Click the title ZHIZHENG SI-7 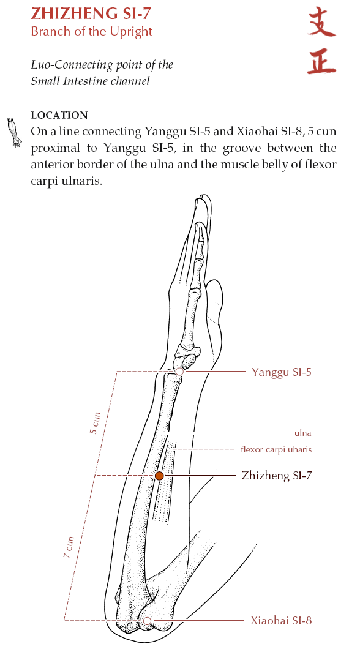pos(91,13)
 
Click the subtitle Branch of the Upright pos(91,32)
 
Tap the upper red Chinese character pos(321,22)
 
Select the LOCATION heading pos(59,115)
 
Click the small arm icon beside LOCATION pos(15,132)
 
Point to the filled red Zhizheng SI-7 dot pos(159,476)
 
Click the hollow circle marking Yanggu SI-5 pos(179,372)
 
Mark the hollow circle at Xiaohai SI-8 pos(147,621)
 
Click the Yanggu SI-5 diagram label pos(282,372)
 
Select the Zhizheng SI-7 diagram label pos(277,475)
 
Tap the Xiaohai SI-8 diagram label pos(281,621)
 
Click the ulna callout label pos(302,433)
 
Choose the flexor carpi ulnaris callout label pos(276,449)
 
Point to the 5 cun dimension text pos(95,423)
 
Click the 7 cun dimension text pos(69,547)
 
